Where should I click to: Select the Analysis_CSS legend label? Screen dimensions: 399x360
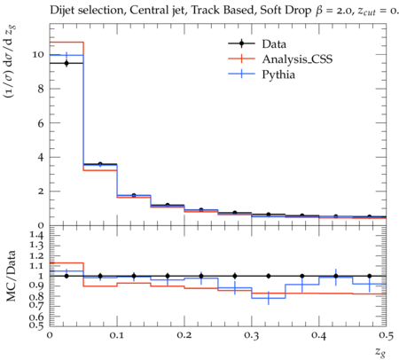297,59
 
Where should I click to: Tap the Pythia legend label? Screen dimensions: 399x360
278,74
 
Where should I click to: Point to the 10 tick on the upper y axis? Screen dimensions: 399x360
39,55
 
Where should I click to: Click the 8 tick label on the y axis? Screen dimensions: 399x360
41,89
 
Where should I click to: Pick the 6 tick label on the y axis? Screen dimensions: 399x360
41,123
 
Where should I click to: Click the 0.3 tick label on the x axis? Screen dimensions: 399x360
252,335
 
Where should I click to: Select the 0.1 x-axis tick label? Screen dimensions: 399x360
117,335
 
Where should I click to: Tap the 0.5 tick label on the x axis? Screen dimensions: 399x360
387,335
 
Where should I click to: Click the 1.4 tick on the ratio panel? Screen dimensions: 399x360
37,235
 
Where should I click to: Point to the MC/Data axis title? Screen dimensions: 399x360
12,276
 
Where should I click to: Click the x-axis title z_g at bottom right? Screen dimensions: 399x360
380,351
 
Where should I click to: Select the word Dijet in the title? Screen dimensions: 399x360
62,11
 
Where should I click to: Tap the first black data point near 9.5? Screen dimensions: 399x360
66,63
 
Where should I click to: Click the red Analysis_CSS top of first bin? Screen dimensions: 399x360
66,43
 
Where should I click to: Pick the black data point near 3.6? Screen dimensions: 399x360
100,164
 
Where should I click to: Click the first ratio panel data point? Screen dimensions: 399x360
66,276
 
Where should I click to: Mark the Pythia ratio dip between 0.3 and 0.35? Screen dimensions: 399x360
269,298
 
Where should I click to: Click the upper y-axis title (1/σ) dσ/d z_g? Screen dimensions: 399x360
11,61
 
